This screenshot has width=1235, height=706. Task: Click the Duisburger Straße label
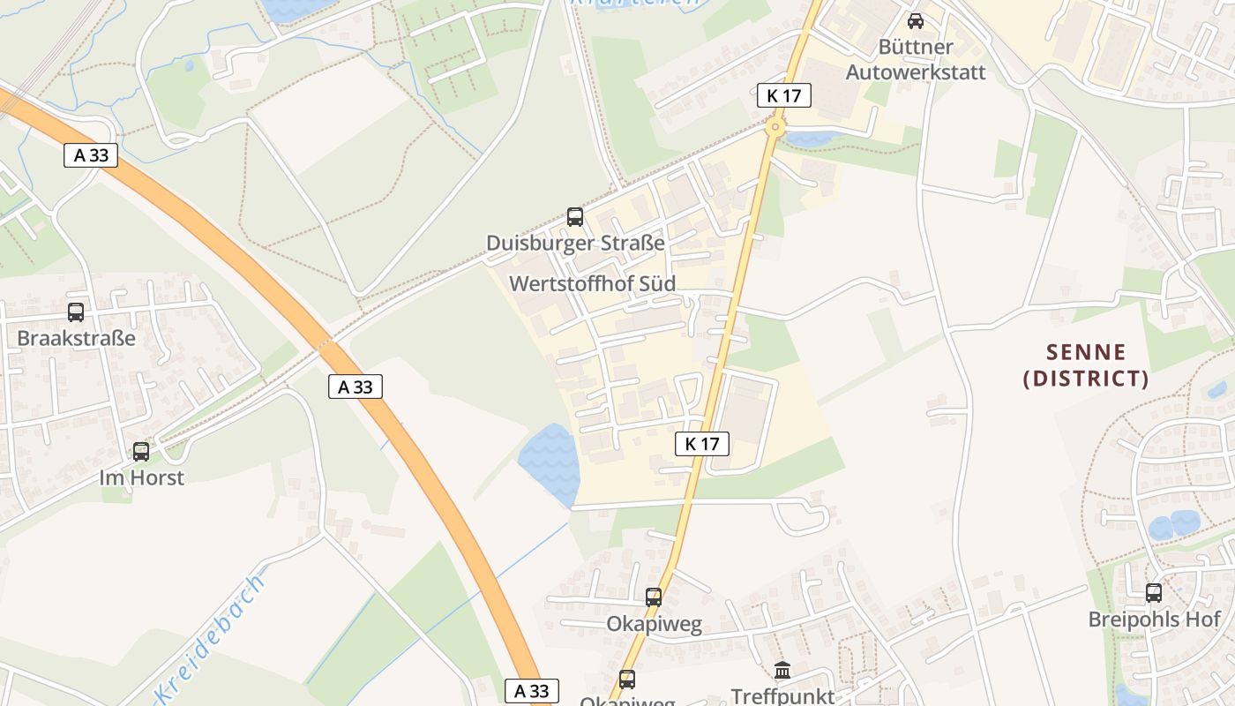tap(575, 243)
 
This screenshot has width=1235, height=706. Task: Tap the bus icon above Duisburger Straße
tap(574, 216)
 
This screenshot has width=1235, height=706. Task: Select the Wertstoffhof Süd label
tap(593, 284)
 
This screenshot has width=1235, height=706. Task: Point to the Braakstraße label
tap(76, 338)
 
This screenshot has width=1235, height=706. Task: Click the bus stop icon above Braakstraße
tap(76, 312)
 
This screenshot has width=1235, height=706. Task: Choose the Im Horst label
tap(141, 477)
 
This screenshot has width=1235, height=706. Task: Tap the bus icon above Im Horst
tap(141, 452)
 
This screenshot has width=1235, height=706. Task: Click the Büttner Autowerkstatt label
tap(916, 59)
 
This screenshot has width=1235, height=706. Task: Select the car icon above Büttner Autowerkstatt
tap(916, 20)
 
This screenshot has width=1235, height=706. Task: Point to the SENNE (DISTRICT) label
tap(1086, 365)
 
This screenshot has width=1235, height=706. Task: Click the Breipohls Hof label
tap(1154, 619)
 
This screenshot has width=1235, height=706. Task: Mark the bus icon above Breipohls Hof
tap(1154, 593)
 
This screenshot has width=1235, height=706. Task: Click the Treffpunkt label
tap(782, 696)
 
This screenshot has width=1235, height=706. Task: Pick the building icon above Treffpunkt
tap(782, 670)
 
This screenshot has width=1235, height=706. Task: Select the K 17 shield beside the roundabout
tap(783, 95)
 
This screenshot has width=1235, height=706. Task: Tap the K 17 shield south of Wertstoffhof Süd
tap(702, 444)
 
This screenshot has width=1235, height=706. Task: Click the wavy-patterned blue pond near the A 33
tap(548, 462)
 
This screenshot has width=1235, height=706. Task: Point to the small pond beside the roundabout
tap(812, 139)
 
